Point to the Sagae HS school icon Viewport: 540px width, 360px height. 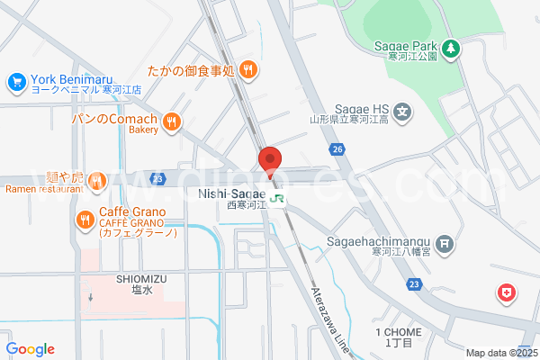click(403, 113)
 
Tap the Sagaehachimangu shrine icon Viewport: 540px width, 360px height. click(445, 244)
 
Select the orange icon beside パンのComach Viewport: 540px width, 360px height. click(172, 121)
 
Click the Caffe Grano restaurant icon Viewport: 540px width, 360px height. click(85, 219)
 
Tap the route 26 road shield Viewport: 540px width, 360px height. click(337, 148)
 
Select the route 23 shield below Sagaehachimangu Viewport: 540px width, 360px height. click(413, 284)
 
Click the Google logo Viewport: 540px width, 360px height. click(30, 349)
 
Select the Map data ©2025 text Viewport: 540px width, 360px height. click(500, 353)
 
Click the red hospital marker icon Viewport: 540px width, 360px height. click(507, 293)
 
